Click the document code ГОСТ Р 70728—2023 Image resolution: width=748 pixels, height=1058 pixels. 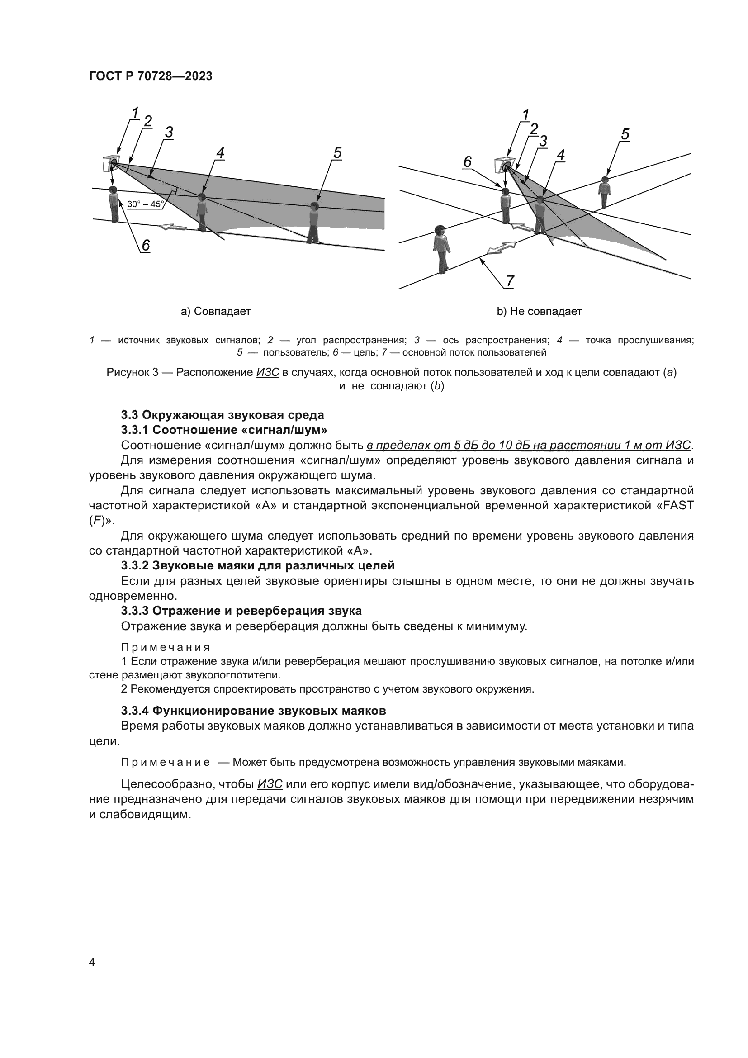click(151, 76)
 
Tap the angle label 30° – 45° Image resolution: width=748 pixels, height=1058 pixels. click(145, 204)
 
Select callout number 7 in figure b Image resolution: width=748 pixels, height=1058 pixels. click(510, 280)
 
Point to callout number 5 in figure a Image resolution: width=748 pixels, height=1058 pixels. click(337, 153)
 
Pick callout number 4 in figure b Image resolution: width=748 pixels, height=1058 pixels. click(560, 155)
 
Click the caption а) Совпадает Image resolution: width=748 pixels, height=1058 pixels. click(216, 312)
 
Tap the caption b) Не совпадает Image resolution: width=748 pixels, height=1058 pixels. click(539, 312)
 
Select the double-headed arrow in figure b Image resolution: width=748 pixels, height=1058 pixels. click(501, 247)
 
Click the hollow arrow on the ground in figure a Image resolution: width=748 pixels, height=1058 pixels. click(173, 227)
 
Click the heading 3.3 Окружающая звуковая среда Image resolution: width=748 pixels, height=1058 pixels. click(223, 415)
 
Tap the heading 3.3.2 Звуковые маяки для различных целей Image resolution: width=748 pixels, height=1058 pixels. click(257, 565)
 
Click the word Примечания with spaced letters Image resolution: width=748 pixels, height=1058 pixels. click(166, 647)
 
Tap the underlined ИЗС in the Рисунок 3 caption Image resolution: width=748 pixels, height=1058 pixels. click(268, 372)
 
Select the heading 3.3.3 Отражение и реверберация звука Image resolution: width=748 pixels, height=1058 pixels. click(241, 611)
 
